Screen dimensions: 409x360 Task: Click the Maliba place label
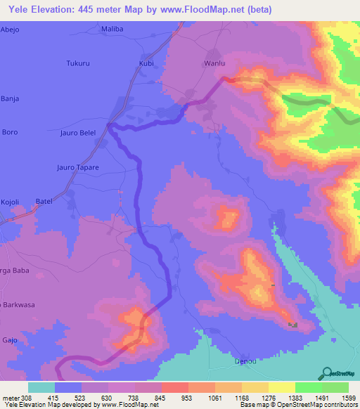coord(112,29)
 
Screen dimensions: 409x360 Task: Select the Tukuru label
coord(77,63)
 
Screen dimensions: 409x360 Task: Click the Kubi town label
coord(146,63)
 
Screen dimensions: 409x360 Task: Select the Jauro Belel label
coord(77,132)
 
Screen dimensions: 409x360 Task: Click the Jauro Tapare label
coord(77,167)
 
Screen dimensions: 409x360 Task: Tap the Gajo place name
coord(9,339)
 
